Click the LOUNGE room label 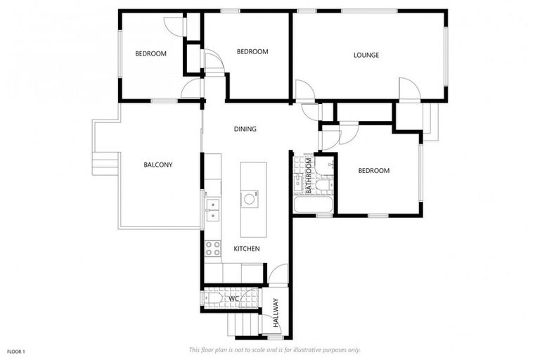tap(366, 56)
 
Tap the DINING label tap(245, 129)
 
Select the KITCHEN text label tap(246, 249)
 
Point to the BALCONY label tap(158, 165)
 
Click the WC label tap(234, 297)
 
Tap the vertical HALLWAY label tap(276, 314)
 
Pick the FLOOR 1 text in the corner tap(16, 351)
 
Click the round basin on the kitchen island tap(250, 199)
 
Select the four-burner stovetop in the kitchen tap(212, 248)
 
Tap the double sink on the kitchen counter tap(212, 209)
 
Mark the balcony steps tap(103, 165)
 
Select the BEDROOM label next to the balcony tap(151, 54)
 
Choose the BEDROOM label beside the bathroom tap(373, 171)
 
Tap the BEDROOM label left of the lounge tap(252, 52)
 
